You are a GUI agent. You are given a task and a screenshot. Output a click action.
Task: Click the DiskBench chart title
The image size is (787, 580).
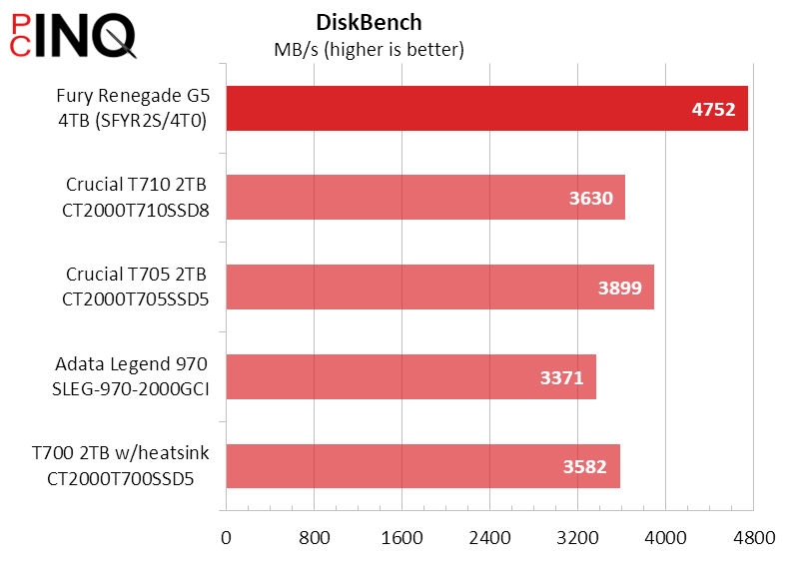click(x=368, y=22)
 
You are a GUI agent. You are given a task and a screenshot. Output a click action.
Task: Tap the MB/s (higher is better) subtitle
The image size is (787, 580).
click(x=369, y=49)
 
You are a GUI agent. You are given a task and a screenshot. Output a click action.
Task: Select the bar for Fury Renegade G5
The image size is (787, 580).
click(x=449, y=109)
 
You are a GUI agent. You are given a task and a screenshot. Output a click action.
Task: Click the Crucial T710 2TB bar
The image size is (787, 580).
click(x=399, y=198)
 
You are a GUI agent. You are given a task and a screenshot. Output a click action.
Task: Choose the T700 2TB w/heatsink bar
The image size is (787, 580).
click(x=399, y=466)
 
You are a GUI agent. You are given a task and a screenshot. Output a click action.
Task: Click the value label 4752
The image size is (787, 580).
click(x=713, y=110)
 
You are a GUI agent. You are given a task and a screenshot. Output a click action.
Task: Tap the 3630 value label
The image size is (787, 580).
click(x=590, y=199)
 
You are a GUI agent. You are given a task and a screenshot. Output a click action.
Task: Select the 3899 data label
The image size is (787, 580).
click(x=619, y=289)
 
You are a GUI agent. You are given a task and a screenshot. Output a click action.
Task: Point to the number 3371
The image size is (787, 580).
click(x=561, y=377)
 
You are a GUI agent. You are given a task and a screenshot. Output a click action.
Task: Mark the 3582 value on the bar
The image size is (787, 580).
click(x=585, y=467)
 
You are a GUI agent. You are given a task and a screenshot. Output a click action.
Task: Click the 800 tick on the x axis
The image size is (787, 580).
click(x=315, y=539)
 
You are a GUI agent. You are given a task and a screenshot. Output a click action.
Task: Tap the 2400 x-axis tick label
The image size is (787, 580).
click(x=490, y=539)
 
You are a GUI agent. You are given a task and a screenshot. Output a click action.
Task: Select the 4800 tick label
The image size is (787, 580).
click(x=754, y=539)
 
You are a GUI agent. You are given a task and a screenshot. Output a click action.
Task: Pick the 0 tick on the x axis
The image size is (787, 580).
click(x=227, y=539)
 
